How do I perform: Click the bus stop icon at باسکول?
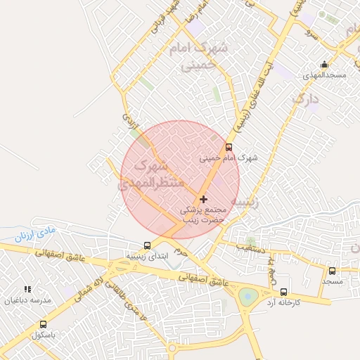coord(44,325)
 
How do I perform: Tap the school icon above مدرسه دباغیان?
coord(27,289)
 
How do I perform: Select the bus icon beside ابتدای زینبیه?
coord(147,245)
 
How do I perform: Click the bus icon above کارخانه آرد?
coord(283,292)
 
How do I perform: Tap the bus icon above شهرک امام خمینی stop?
coord(229,147)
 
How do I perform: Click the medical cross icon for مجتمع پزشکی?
coord(204,200)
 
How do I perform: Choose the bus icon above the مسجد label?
coord(332,271)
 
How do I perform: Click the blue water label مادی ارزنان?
coord(34,233)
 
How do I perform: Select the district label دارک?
coord(306,99)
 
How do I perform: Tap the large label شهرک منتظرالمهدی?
coord(151,176)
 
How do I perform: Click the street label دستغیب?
coord(250,247)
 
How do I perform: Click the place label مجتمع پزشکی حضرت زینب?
coord(203,215)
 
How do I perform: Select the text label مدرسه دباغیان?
coord(28,300)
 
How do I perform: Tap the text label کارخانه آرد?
coord(283,302)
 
